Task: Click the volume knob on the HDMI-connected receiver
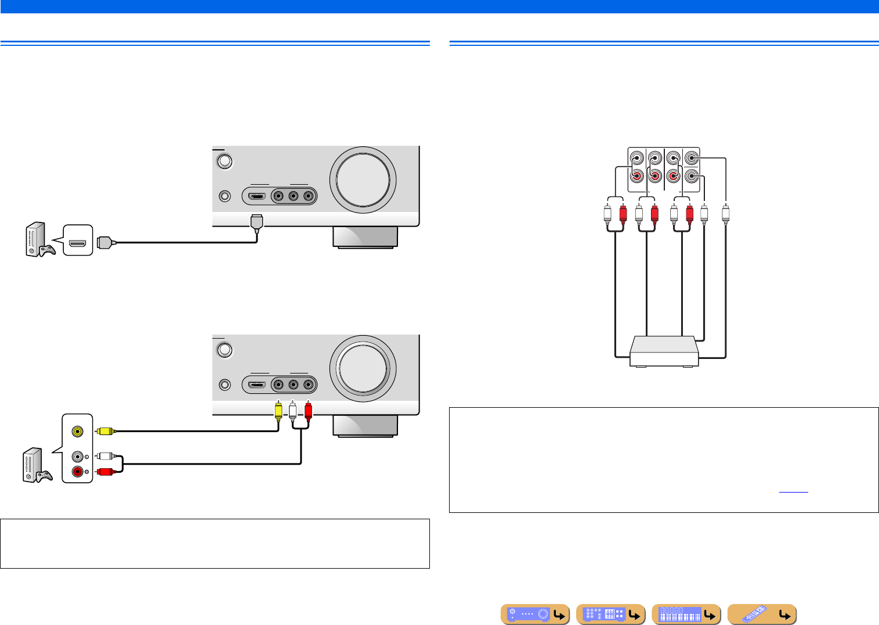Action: click(363, 179)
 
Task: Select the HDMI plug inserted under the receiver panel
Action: click(257, 222)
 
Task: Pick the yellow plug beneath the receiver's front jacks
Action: click(278, 410)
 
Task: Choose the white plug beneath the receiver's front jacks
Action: click(293, 410)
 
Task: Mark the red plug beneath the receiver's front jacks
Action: click(308, 410)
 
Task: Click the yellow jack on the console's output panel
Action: click(77, 432)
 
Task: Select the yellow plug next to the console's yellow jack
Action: click(105, 431)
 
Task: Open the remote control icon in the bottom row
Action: click(761, 614)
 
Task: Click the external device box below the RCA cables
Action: click(664, 351)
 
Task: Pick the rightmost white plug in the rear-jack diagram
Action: click(725, 213)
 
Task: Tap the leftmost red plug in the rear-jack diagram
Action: click(623, 215)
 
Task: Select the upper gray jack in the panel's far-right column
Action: click(691, 159)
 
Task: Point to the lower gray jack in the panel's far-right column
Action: click(691, 176)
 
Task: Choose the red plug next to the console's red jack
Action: click(105, 471)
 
